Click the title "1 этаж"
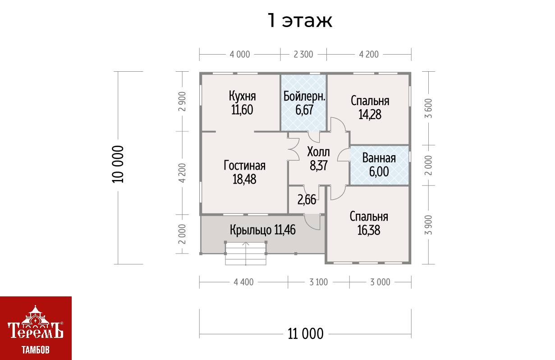(300, 21)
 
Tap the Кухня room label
(242, 96)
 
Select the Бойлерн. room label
(304, 96)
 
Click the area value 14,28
(370, 115)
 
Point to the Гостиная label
(244, 166)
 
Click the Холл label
(318, 152)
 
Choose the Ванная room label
(379, 158)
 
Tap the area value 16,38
(369, 230)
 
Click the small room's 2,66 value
(307, 200)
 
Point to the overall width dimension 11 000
(306, 334)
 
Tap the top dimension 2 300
(303, 55)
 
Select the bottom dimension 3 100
(319, 282)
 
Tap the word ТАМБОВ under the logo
(36, 350)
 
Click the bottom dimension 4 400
(243, 282)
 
